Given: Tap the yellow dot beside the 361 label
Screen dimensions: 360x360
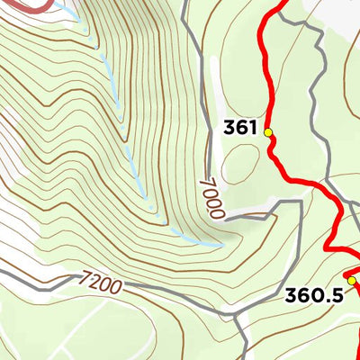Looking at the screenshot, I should point(267,133).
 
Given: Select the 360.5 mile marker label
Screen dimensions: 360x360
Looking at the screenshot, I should point(313,294).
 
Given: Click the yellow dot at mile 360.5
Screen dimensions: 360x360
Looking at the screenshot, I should point(352,281).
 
